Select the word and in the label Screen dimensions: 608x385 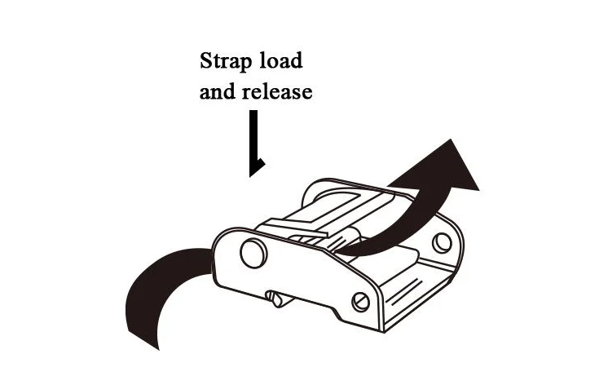tap(218, 91)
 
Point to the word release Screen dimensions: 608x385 tap(277, 91)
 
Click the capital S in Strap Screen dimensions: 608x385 tap(207, 61)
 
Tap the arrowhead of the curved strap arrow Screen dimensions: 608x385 tap(453, 166)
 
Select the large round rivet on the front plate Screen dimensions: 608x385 tap(253, 254)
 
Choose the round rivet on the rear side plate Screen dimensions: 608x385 tap(441, 241)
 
